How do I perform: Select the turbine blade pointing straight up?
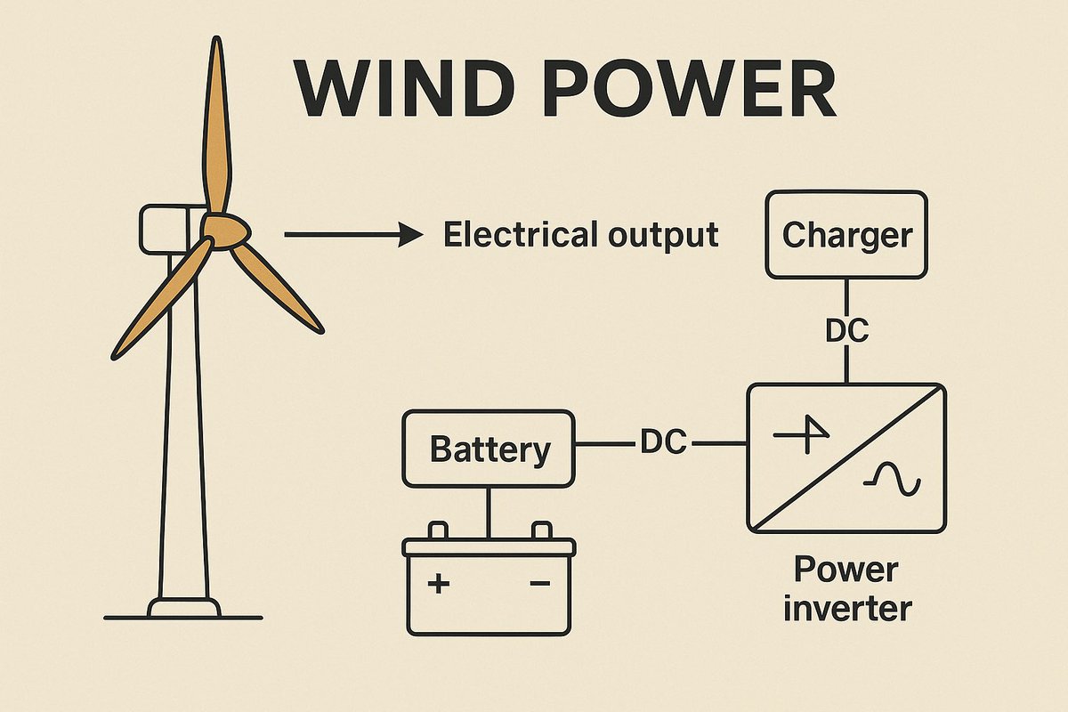pos(215,125)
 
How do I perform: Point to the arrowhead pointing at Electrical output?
pos(411,235)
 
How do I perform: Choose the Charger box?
pos(846,235)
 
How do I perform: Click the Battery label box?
pos(489,449)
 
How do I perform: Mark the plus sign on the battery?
pos(438,584)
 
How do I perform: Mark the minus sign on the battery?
pos(538,584)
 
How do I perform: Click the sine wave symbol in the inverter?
pos(891,481)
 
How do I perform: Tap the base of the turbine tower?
pos(183,609)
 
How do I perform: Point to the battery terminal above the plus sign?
pos(438,530)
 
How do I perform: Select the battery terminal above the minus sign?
pos(540,530)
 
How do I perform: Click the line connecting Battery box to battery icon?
pos(488,512)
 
